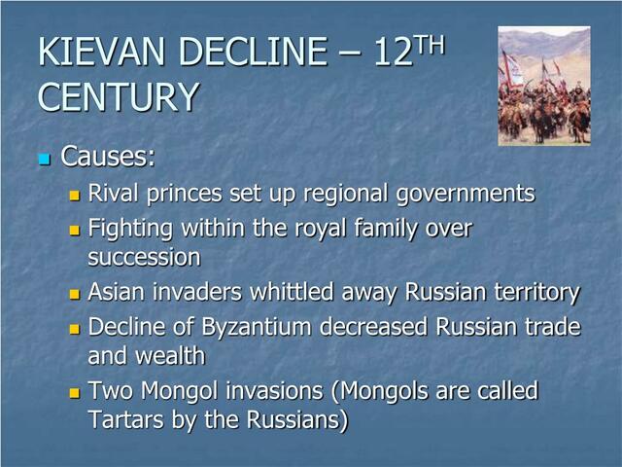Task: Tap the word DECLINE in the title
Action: tap(253, 52)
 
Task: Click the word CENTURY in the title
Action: tap(119, 97)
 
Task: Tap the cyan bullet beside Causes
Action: tap(43, 159)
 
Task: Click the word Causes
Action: tap(108, 157)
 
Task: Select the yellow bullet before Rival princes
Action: tap(75, 196)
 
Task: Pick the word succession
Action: tap(144, 258)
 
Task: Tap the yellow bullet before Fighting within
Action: tap(75, 232)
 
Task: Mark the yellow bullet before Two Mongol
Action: tap(75, 394)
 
